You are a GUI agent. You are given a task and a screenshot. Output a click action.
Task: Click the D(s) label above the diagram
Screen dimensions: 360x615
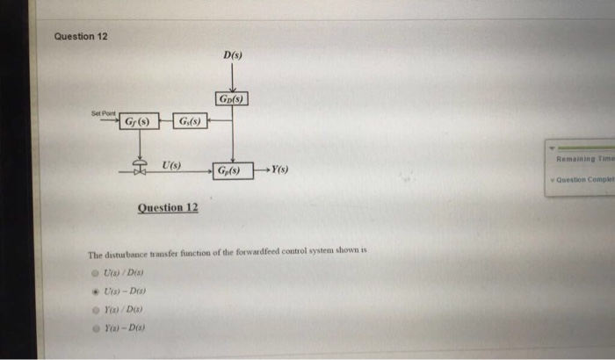point(233,56)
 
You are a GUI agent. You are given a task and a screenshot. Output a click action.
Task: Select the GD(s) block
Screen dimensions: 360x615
point(231,99)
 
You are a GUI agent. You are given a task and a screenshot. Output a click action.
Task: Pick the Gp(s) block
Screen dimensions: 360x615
point(233,169)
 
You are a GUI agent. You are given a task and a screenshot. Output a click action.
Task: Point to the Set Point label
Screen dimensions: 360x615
point(103,112)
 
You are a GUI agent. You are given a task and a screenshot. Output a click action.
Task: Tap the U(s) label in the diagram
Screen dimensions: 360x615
point(171,164)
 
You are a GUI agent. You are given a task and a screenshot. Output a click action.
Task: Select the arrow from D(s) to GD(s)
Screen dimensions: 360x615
point(232,79)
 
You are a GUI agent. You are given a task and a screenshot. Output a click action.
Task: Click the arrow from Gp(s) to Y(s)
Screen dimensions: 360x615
point(261,169)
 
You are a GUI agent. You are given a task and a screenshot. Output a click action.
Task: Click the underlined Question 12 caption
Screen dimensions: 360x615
point(168,208)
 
